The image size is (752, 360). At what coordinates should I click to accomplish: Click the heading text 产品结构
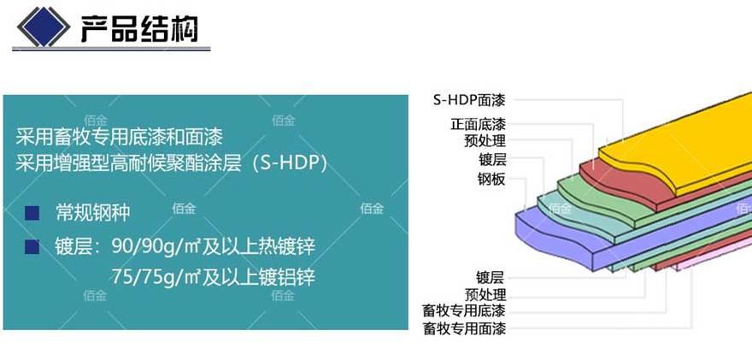139,30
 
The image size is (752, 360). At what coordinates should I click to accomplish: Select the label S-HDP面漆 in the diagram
470,101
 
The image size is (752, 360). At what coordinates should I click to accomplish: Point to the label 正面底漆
478,124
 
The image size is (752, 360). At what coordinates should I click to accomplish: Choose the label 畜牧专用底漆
464,310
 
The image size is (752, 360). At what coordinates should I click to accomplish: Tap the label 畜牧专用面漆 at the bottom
464,328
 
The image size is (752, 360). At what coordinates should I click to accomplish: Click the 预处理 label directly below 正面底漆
485,141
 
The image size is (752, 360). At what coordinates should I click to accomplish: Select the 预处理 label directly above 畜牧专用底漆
485,293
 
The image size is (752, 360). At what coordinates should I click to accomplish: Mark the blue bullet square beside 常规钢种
32,213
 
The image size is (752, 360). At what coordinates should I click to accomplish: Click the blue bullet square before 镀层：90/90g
32,247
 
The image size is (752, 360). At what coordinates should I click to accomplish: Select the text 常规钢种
92,213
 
